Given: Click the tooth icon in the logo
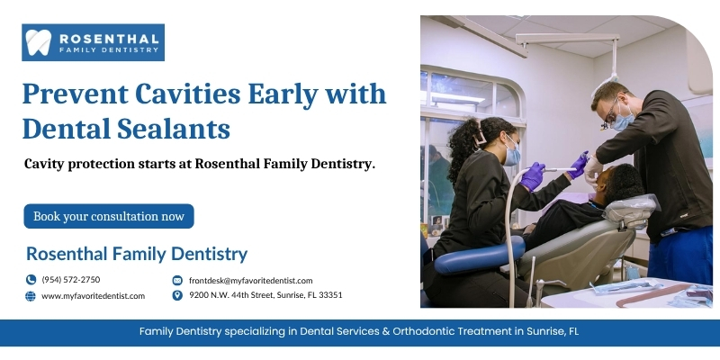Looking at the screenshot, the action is coord(38,42).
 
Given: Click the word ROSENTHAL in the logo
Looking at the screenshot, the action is coord(109,39).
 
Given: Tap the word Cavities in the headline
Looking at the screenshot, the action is coord(187,94).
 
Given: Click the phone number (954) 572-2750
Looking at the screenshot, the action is coord(71,280).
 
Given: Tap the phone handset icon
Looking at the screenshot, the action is coord(31,280).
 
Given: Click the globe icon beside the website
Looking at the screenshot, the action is coord(31,296).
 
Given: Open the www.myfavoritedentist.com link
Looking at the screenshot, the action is coord(94,296).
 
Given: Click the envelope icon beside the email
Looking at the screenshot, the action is coord(177,280).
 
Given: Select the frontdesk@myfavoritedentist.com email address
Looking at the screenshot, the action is coord(251,281).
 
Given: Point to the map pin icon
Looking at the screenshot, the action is coord(177,295).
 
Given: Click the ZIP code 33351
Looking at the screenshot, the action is coord(330,295).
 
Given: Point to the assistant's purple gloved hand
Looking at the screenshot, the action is coord(533,176).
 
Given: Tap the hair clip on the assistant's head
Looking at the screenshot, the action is coord(481,138).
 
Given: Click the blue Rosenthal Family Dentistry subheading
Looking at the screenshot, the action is coord(137,254).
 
